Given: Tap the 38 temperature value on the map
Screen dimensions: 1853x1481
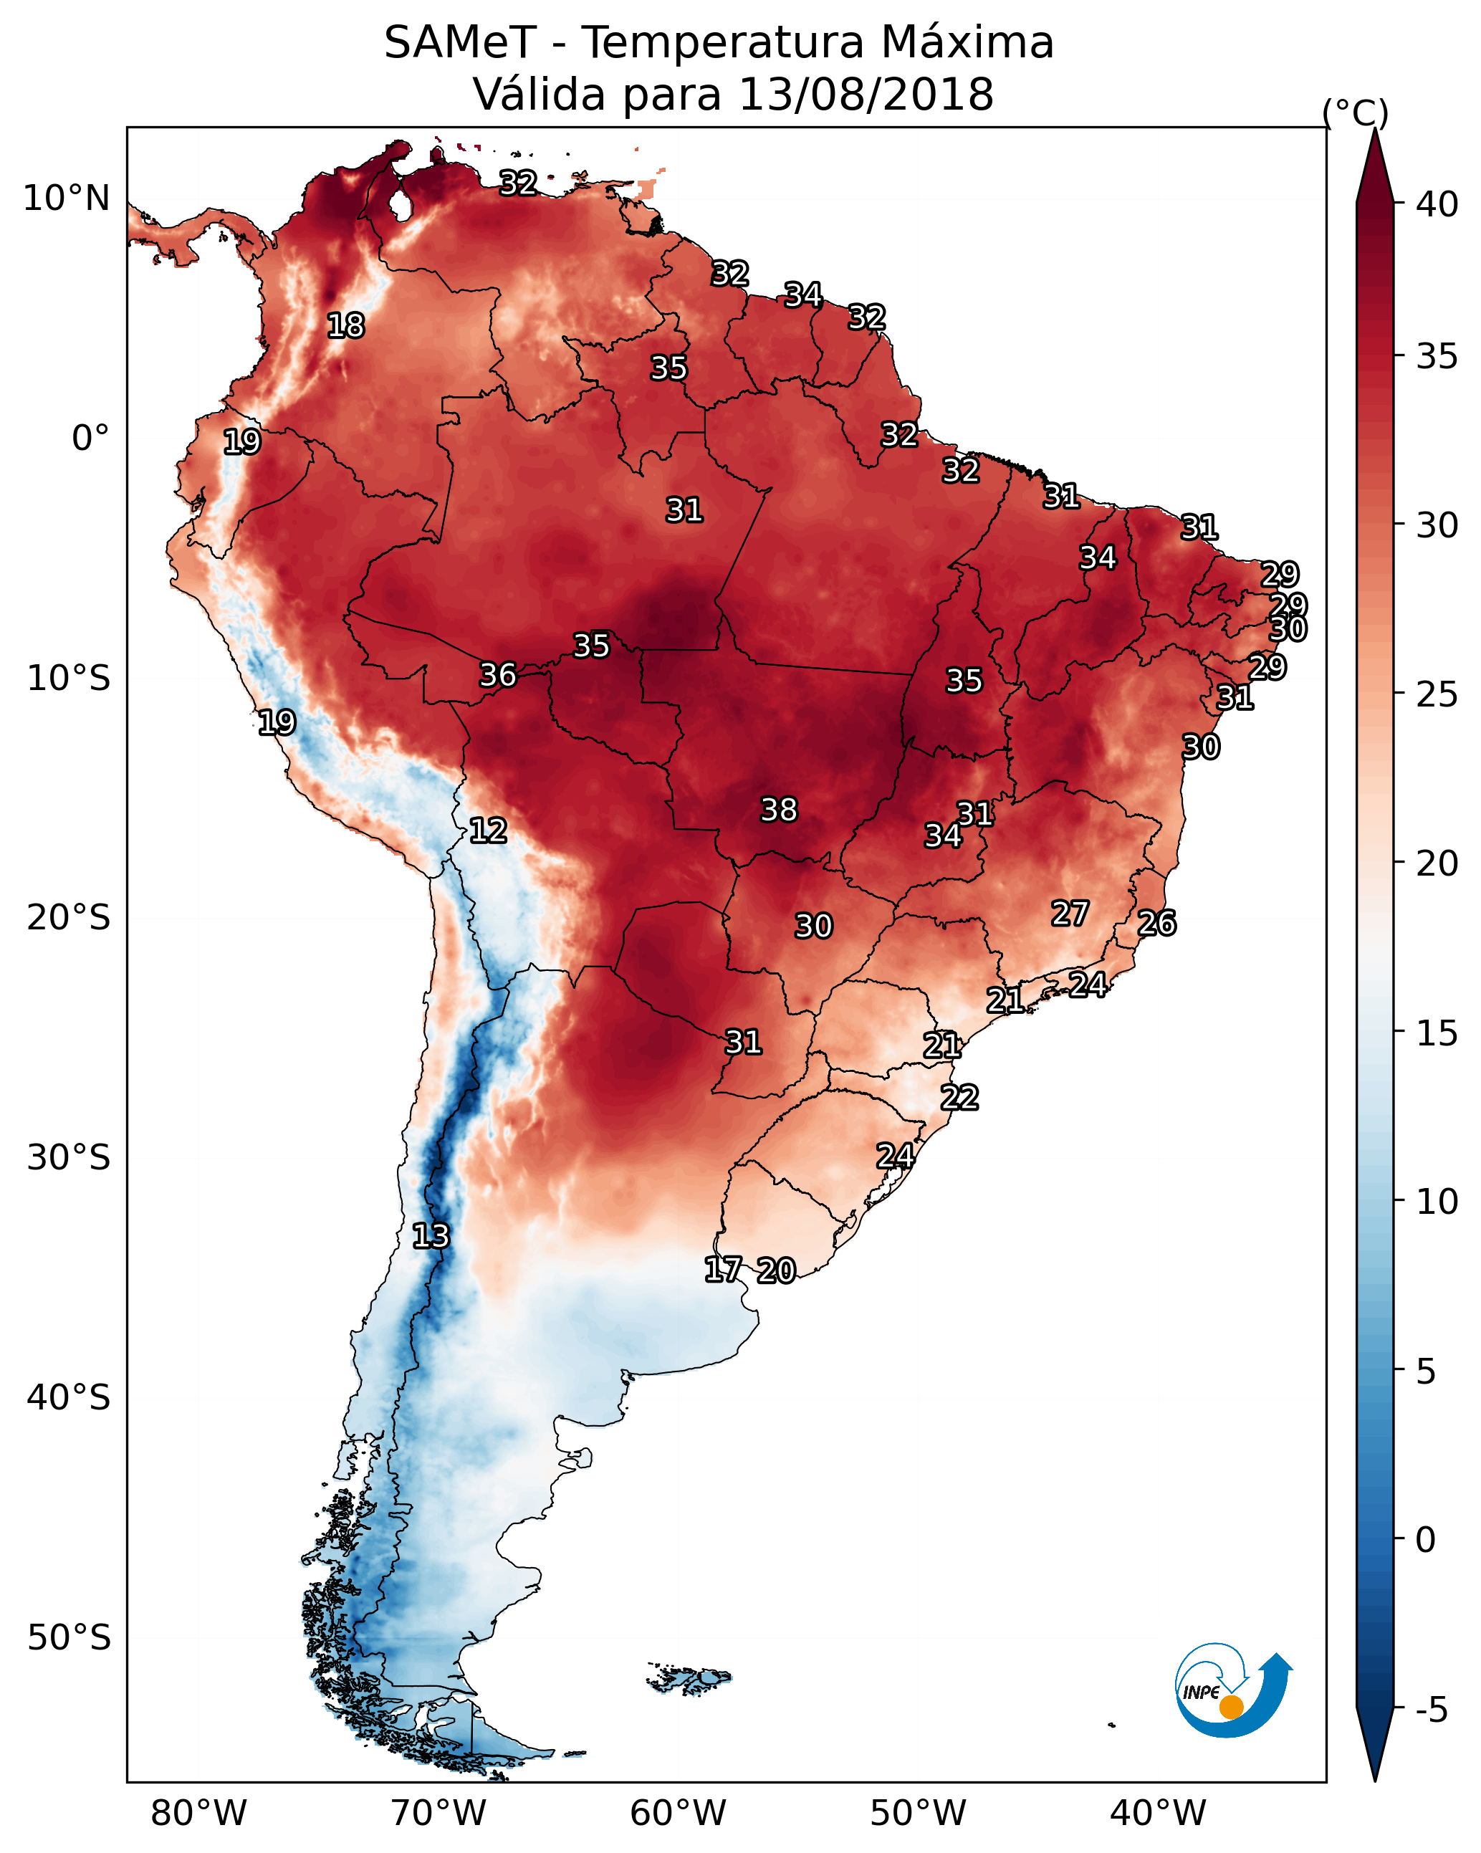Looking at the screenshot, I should coord(779,810).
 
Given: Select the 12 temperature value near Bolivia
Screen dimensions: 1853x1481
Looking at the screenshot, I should coord(488,830).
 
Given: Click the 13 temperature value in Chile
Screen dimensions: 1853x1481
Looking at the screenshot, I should coord(431,1236).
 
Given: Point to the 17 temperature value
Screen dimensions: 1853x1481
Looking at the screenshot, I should coord(723,1270).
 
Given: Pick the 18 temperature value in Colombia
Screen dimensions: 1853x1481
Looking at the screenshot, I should coord(345,326).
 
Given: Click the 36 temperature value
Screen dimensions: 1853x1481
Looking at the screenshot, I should coord(498,675).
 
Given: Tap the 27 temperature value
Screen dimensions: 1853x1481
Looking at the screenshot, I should coord(1070,914).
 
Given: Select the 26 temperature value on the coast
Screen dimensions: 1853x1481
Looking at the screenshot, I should coord(1157,923).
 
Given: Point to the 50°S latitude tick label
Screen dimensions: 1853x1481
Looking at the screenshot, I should coord(69,1638).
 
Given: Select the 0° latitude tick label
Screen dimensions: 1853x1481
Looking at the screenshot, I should coord(90,439).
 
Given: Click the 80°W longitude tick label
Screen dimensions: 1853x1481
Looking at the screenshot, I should coord(198,1814).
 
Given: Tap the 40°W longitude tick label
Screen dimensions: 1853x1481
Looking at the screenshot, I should coord(1158,1814).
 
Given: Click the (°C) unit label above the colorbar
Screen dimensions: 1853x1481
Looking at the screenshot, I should coord(1355,112).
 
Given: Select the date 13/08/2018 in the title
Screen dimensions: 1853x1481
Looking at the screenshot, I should coord(866,95).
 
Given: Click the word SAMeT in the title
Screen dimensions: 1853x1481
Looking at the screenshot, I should coord(460,43).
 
